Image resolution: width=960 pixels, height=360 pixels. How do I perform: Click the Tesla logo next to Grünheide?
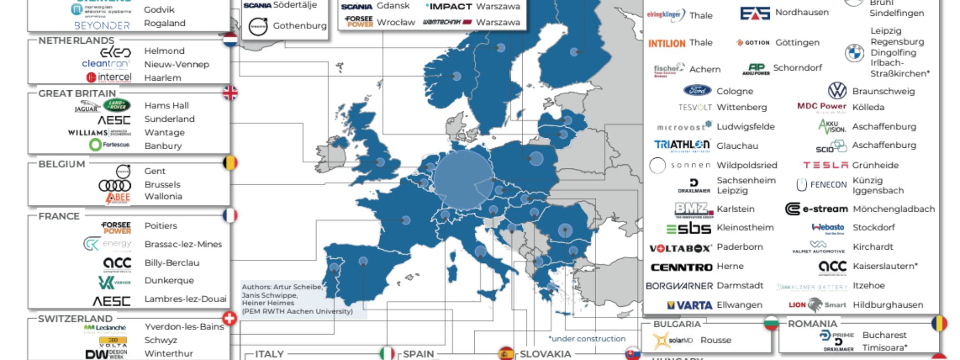825,165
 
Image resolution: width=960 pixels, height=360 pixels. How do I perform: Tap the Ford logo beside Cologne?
697,91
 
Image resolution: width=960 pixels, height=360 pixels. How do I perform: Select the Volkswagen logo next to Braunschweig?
837,91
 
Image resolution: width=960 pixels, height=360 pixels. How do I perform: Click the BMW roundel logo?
854,53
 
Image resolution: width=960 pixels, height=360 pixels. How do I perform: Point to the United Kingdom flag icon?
230,93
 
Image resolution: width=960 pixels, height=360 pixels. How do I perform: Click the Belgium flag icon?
230,163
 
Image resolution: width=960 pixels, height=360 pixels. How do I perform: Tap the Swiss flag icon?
230,318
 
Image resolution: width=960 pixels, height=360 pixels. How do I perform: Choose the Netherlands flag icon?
230,40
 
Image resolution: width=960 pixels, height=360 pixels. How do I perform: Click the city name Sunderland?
169,119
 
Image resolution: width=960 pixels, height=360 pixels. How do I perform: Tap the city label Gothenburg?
300,26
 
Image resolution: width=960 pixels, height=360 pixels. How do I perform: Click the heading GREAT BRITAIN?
77,93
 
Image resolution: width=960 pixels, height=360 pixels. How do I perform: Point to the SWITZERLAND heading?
75,319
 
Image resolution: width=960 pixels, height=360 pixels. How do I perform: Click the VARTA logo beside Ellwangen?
689,305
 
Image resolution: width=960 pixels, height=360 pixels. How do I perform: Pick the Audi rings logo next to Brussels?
114,185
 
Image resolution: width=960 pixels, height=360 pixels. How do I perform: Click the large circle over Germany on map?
463,180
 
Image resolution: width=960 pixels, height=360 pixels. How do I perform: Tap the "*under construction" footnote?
587,339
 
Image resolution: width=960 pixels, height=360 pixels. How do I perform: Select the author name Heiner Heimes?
268,303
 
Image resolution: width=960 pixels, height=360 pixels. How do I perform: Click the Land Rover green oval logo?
117,105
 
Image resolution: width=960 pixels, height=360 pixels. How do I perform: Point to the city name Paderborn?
739,247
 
